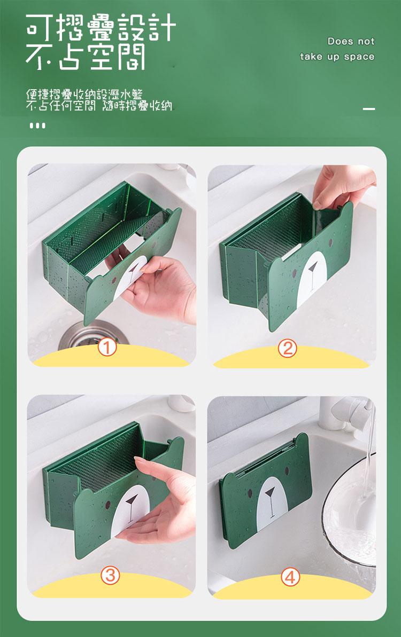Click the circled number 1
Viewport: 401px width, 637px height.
107,348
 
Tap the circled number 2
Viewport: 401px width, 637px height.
288,349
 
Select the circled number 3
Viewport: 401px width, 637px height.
110,575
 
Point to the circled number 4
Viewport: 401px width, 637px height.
290,577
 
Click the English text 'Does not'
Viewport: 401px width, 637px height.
351,42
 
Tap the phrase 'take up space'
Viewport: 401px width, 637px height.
337,57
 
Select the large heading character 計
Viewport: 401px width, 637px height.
162,28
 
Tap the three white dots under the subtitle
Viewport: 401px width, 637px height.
38,126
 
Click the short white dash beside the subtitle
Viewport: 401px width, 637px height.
369,109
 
